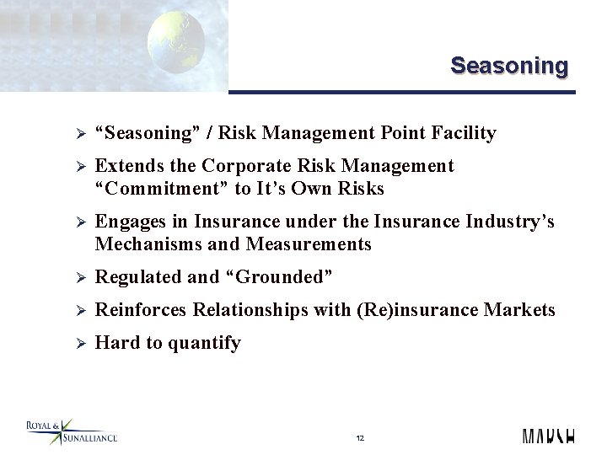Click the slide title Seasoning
509,65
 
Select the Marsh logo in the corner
548,436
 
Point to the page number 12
360,438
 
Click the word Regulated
135,278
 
